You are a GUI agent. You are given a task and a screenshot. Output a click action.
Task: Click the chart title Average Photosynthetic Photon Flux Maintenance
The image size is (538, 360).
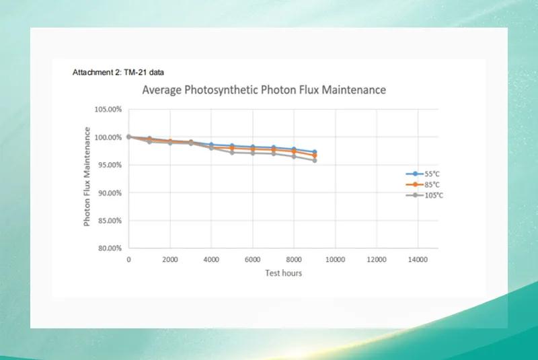coord(264,89)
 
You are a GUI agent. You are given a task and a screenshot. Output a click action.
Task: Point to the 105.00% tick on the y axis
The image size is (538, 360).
coord(108,109)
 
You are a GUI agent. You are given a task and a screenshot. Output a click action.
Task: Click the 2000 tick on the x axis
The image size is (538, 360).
coord(170,259)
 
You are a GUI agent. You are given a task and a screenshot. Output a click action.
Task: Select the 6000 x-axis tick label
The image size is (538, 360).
coord(253,259)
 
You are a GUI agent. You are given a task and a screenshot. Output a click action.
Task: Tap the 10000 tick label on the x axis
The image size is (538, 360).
coord(335,259)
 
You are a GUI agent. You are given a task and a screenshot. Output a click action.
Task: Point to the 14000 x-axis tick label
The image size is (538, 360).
coord(418,259)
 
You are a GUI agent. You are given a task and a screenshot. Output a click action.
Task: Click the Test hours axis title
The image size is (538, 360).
coord(283,273)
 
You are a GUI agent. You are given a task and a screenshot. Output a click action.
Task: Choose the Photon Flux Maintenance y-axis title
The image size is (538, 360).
coord(87,178)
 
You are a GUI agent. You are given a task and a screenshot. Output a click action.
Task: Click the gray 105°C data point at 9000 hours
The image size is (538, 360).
coord(314,160)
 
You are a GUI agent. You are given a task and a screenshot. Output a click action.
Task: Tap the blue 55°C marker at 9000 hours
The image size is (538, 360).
coord(314,152)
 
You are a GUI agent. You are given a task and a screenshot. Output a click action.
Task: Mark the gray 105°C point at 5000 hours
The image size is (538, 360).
coord(232,152)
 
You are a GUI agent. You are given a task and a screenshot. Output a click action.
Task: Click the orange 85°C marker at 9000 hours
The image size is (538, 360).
coord(314,155)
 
